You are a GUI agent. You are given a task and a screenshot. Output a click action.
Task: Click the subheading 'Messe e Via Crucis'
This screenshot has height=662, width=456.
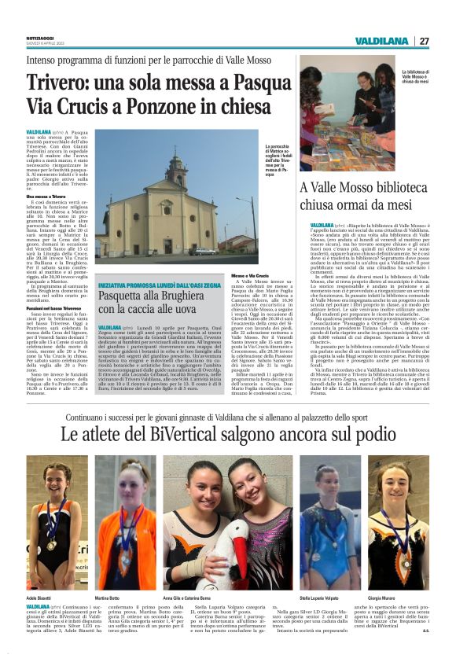251,277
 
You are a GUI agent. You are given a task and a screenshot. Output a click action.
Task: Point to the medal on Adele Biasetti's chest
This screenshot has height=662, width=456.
51,542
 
